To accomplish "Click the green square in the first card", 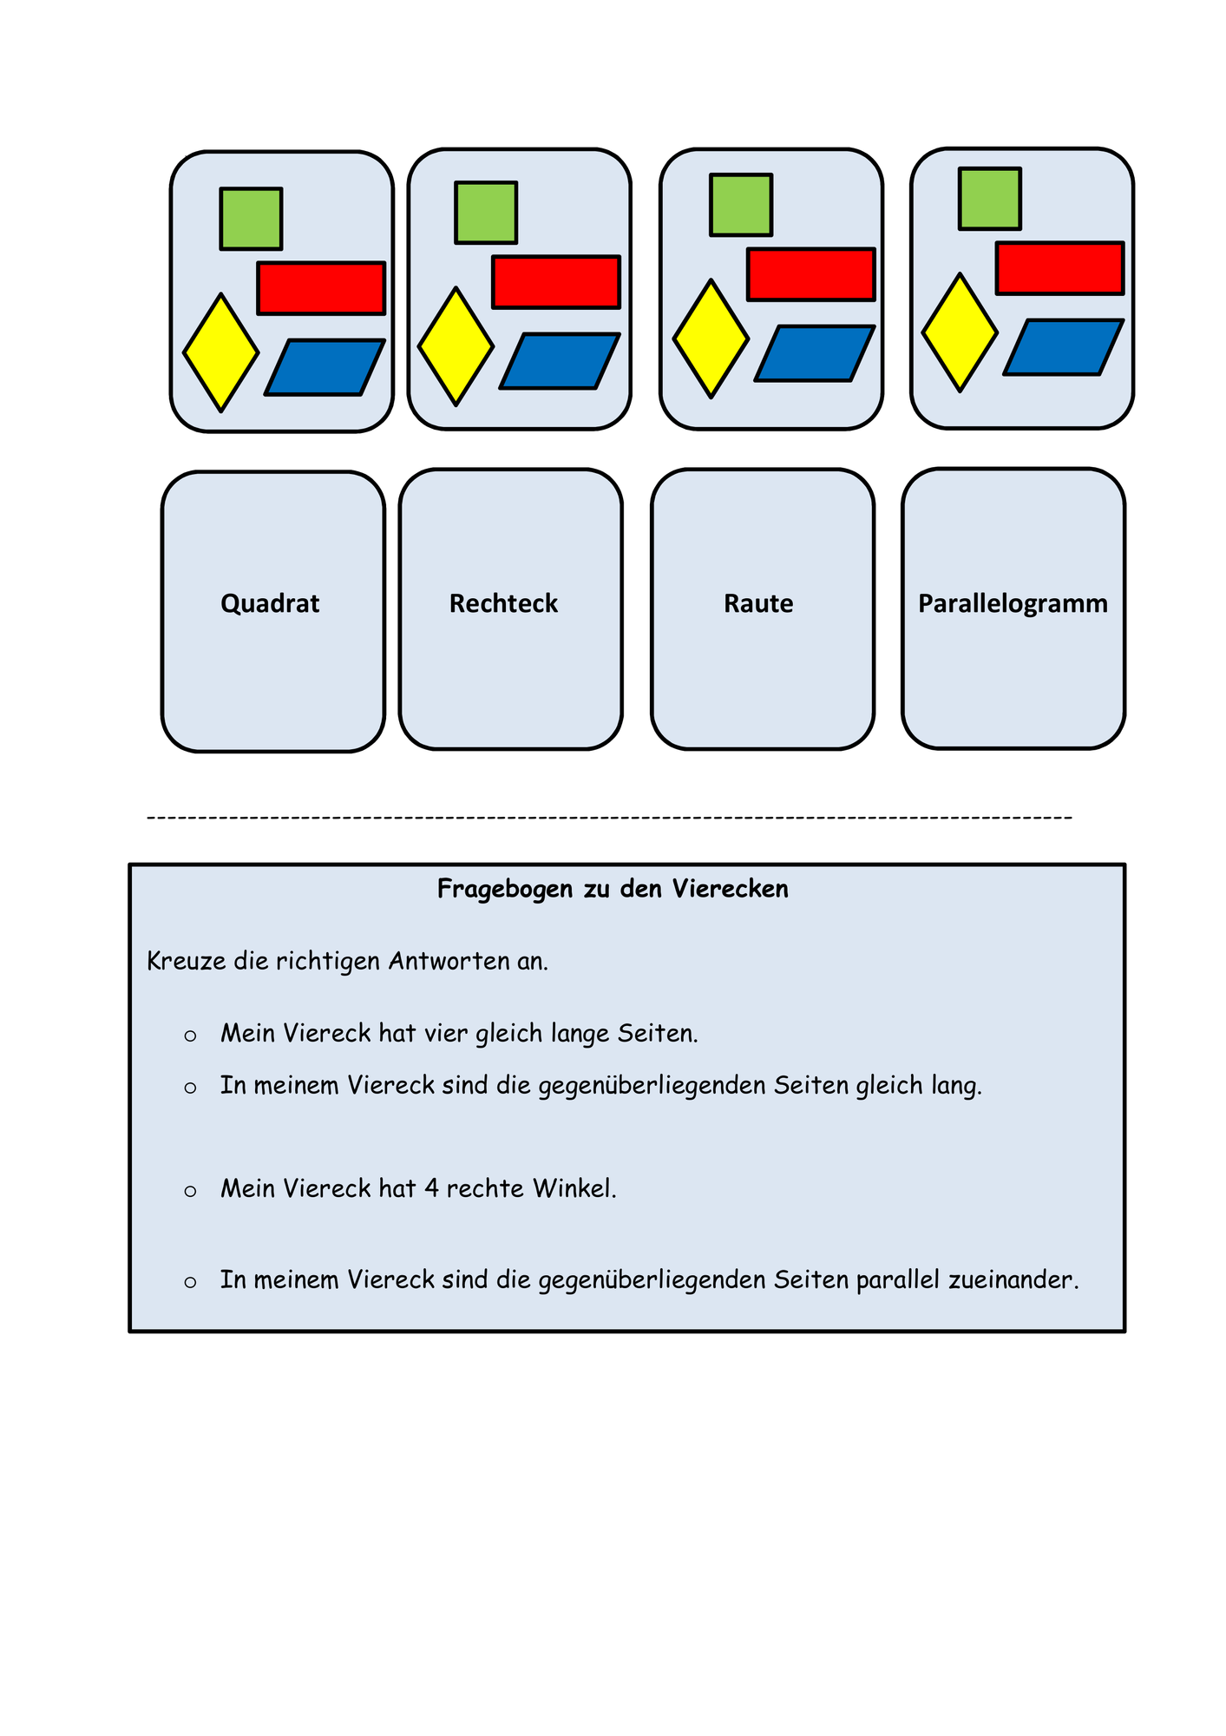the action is pos(251,219).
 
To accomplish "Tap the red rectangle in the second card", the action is pos(556,282).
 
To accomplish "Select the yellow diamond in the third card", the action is pos(711,339).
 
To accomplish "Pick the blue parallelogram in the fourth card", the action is pos(1064,347).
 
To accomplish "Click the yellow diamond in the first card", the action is pos(221,352).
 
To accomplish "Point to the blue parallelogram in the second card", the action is pos(560,361).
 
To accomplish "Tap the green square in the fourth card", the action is pos(990,199).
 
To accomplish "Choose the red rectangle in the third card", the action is pos(811,275).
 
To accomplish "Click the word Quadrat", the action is pos(270,603).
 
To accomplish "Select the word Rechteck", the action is pos(503,603).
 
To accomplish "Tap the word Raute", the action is pos(758,603).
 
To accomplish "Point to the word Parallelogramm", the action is pos(1013,604).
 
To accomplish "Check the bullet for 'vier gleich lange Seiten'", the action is pos(190,1036).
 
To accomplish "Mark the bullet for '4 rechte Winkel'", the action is pos(190,1191).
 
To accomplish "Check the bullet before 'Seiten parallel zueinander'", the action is pos(190,1282).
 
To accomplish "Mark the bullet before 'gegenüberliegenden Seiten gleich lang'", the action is pos(190,1088).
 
